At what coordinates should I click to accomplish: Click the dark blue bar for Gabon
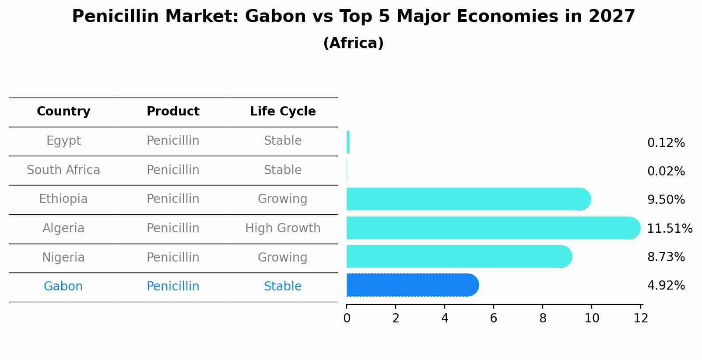pyautogui.click(x=411, y=285)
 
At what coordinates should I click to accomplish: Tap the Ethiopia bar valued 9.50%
pyautogui.click(x=468, y=199)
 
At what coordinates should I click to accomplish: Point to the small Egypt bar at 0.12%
pyautogui.click(x=348, y=142)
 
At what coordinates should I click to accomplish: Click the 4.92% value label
pyautogui.click(x=666, y=286)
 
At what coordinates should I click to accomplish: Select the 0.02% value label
pyautogui.click(x=666, y=171)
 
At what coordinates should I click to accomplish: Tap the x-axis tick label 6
pyautogui.click(x=494, y=318)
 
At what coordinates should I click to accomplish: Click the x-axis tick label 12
pyautogui.click(x=641, y=318)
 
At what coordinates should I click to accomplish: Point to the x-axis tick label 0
pyautogui.click(x=347, y=318)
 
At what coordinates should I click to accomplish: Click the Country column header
pyautogui.click(x=63, y=112)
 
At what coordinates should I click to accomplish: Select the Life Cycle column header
pyautogui.click(x=283, y=112)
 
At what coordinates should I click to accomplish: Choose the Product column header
pyautogui.click(x=173, y=112)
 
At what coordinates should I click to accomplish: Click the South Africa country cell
pyautogui.click(x=63, y=170)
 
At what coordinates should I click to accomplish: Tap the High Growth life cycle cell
pyautogui.click(x=283, y=228)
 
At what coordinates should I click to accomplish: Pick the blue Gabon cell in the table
pyautogui.click(x=63, y=287)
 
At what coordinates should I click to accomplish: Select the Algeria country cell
pyautogui.click(x=63, y=228)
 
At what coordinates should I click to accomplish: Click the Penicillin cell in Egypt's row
pyautogui.click(x=173, y=141)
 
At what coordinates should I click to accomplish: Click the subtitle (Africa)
pyautogui.click(x=353, y=43)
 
